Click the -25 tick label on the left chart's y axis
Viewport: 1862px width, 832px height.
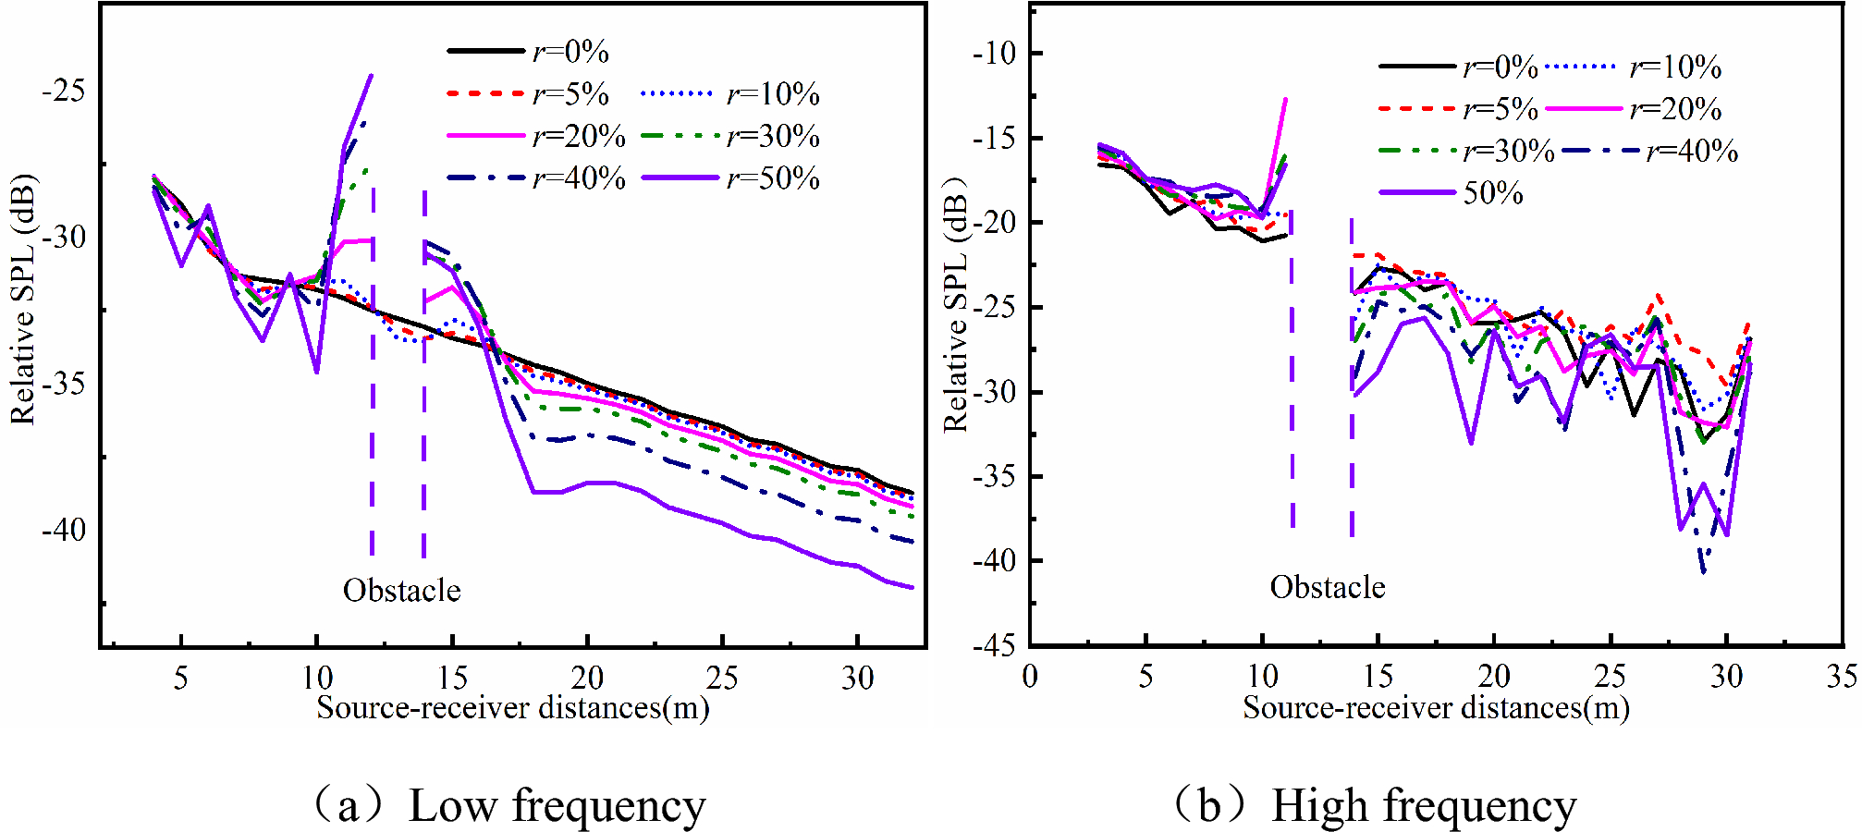click(x=63, y=91)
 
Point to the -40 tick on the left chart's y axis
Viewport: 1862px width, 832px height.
click(x=63, y=530)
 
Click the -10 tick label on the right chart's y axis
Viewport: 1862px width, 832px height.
click(x=994, y=53)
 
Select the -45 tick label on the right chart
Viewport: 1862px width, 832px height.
click(x=994, y=645)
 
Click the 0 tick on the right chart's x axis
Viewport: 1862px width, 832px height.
click(x=1030, y=677)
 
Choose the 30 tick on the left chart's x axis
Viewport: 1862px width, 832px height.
click(x=857, y=679)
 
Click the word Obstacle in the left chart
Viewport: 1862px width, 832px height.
click(x=401, y=590)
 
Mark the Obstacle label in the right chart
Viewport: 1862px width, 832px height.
click(x=1328, y=587)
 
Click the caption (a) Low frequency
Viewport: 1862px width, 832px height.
click(x=508, y=805)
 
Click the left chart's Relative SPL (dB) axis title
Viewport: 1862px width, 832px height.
click(x=23, y=299)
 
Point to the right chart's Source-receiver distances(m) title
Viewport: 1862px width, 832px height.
click(x=1436, y=708)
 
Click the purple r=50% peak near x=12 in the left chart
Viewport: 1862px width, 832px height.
click(x=371, y=77)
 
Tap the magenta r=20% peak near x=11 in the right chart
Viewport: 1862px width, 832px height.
click(x=1285, y=100)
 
